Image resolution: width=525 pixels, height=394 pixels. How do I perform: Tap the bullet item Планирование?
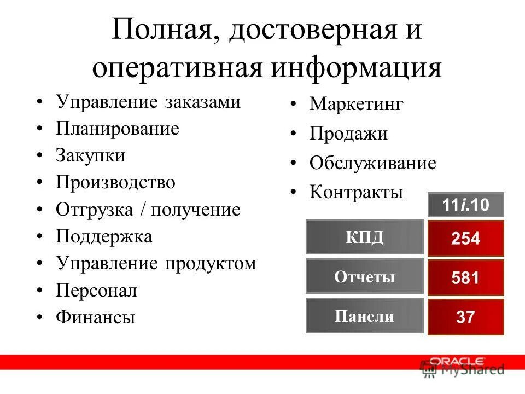(x=117, y=129)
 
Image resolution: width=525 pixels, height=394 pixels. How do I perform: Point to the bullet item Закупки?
(x=90, y=156)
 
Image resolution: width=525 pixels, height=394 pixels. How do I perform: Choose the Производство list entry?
(x=115, y=182)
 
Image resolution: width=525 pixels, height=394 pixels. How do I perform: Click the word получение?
(x=195, y=210)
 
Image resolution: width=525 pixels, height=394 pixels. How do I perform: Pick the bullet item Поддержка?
(x=104, y=236)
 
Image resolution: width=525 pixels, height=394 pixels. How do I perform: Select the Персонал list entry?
(x=96, y=290)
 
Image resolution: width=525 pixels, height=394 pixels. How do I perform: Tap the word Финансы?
(x=95, y=317)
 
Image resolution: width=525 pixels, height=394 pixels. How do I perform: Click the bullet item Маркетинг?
(x=356, y=105)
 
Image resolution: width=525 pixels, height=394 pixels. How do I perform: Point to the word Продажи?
(x=348, y=134)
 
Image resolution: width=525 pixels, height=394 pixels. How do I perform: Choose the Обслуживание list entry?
(x=372, y=163)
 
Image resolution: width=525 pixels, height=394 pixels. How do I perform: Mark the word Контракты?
(x=356, y=192)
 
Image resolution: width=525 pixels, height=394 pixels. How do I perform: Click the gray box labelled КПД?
(x=365, y=237)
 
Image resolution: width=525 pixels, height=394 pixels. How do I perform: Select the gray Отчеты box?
(x=365, y=277)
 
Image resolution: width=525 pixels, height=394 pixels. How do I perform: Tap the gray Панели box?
(x=365, y=316)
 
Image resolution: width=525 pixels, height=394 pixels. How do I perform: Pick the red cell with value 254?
(x=465, y=239)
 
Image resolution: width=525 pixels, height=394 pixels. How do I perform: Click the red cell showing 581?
(x=465, y=278)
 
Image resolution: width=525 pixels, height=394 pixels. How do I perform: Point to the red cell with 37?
(x=465, y=317)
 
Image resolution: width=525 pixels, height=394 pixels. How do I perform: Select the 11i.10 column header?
(x=465, y=206)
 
